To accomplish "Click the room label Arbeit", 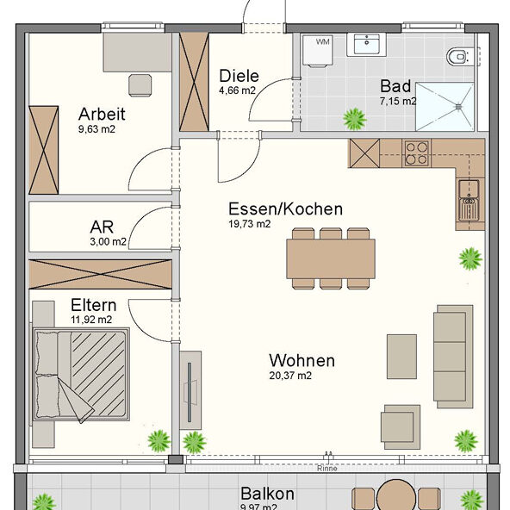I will coord(102,114).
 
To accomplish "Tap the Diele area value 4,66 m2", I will coord(238,90).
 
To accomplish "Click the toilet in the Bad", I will coord(460,57).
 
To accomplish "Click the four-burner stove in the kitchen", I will coord(416,153).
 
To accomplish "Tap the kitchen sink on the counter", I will coord(470,201).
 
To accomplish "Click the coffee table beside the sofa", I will coord(401,356).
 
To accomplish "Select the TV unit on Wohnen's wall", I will coord(190,389).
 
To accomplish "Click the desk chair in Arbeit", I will coord(139,84).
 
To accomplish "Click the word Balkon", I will coord(267,494).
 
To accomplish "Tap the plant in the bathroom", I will coord(352,117).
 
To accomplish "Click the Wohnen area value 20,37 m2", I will coord(290,376).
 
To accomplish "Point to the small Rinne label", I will coord(326,470).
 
